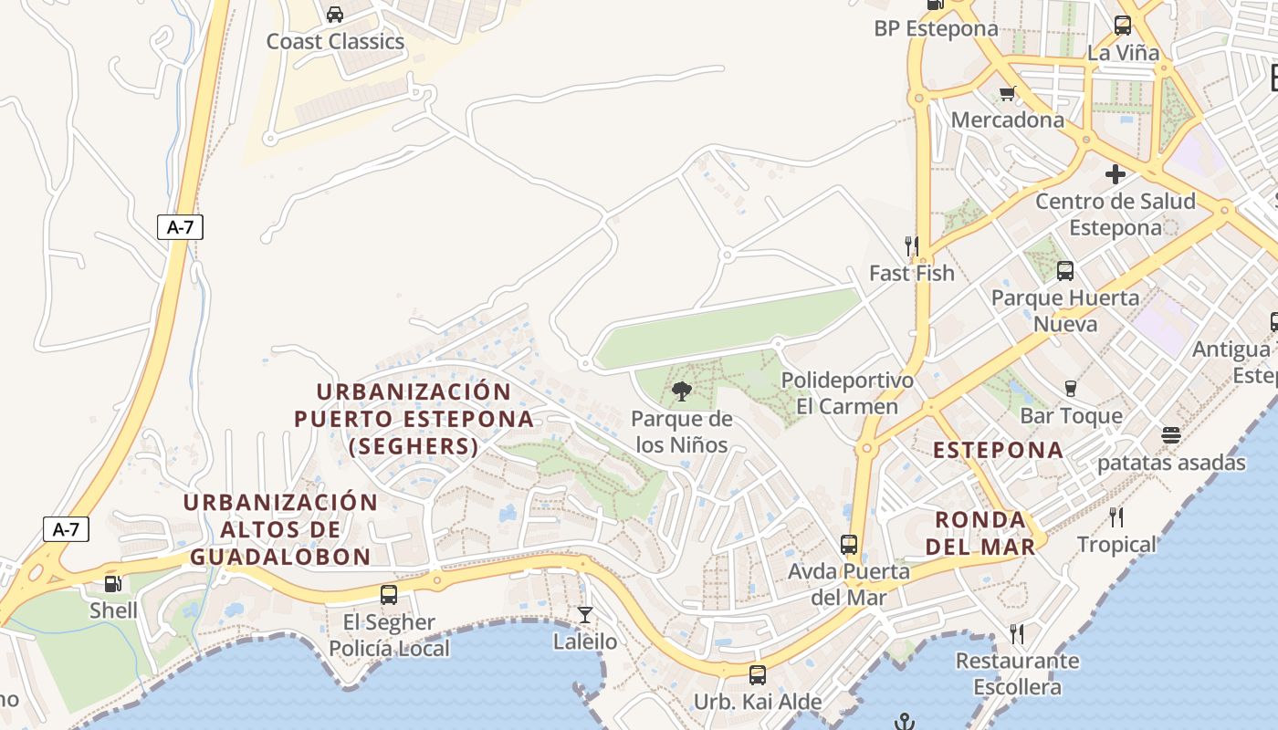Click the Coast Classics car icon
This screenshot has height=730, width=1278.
click(x=335, y=15)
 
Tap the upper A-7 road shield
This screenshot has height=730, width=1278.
click(x=180, y=227)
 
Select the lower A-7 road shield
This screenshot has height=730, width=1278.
click(x=66, y=528)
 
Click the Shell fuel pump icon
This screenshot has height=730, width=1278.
click(x=113, y=584)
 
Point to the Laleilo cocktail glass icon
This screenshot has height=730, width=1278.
click(x=585, y=615)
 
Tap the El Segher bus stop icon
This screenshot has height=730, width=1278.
click(x=389, y=595)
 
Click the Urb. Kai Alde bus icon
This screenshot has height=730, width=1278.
click(x=758, y=675)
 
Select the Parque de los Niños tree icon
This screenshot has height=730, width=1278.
click(x=681, y=392)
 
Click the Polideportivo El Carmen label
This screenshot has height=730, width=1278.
click(x=847, y=393)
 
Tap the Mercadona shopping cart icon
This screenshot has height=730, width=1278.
click(x=1008, y=93)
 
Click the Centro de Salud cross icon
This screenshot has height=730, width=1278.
click(x=1116, y=173)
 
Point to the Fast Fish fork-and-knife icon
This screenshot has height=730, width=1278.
click(x=911, y=245)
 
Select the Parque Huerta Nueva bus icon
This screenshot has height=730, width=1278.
click(x=1065, y=270)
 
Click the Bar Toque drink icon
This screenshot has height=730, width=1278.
click(x=1071, y=389)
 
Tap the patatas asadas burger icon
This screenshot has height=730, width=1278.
click(x=1171, y=435)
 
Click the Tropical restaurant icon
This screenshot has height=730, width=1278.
click(x=1116, y=517)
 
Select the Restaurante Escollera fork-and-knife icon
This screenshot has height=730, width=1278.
click(x=1017, y=633)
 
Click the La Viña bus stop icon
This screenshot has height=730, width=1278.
click(x=1123, y=26)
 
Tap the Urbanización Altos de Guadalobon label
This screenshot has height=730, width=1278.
click(x=280, y=529)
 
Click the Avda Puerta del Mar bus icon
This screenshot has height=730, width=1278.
click(x=849, y=545)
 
